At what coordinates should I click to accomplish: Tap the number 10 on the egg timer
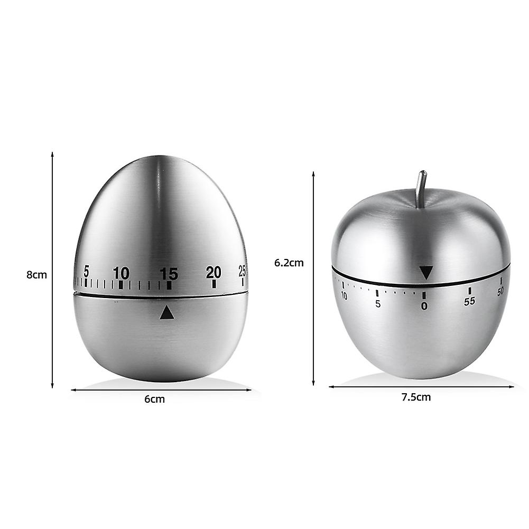[x=121, y=273]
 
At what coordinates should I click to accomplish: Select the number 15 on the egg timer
[x=169, y=274]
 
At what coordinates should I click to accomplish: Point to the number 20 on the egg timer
[x=214, y=272]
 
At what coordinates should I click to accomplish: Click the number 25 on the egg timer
[x=242, y=271]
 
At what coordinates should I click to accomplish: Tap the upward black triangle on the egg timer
[x=167, y=313]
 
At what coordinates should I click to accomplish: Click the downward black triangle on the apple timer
[x=426, y=273]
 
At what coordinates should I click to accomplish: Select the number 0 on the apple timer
[x=424, y=305]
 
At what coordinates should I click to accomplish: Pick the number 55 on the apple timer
[x=469, y=301]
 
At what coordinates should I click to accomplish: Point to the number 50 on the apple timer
[x=500, y=291]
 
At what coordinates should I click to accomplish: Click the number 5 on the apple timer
[x=377, y=303]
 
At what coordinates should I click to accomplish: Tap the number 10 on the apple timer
[x=344, y=296]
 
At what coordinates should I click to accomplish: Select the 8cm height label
[x=37, y=275]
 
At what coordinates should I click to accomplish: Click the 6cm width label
[x=154, y=400]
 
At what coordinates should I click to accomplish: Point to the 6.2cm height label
[x=289, y=263]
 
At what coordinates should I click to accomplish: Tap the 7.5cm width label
[x=416, y=397]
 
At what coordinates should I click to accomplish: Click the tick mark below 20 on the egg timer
[x=214, y=284]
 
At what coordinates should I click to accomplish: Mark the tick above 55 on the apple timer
[x=469, y=291]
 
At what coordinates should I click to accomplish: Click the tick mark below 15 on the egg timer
[x=169, y=285]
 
